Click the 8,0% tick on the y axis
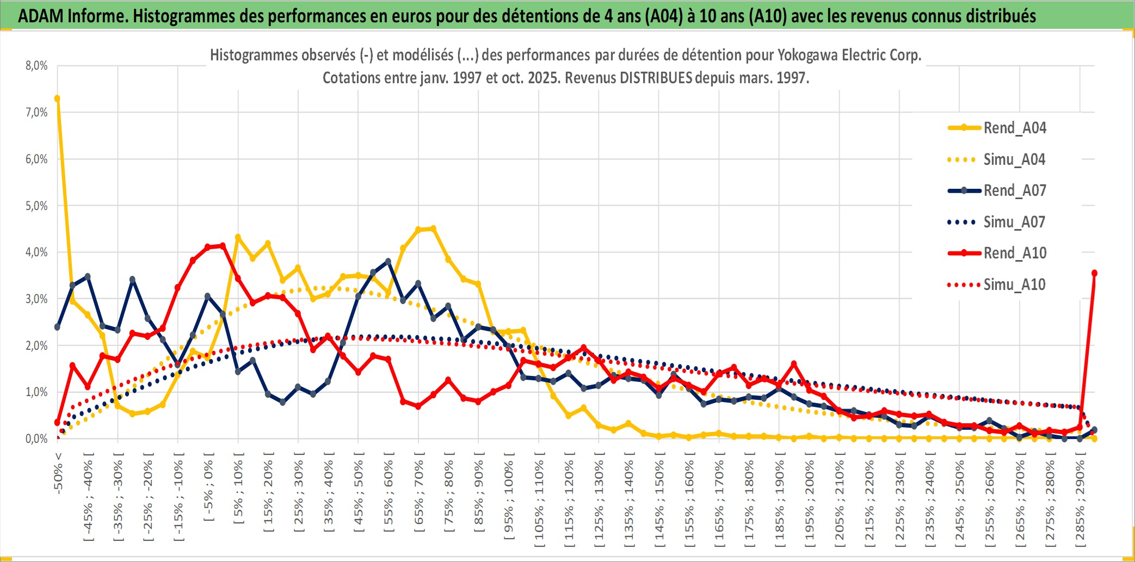(36, 66)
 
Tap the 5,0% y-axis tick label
(36, 206)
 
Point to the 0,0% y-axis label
(36, 439)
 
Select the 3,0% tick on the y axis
(36, 299)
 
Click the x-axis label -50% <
(58, 473)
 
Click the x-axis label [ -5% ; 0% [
(208, 487)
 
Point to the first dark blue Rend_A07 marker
(57, 327)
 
